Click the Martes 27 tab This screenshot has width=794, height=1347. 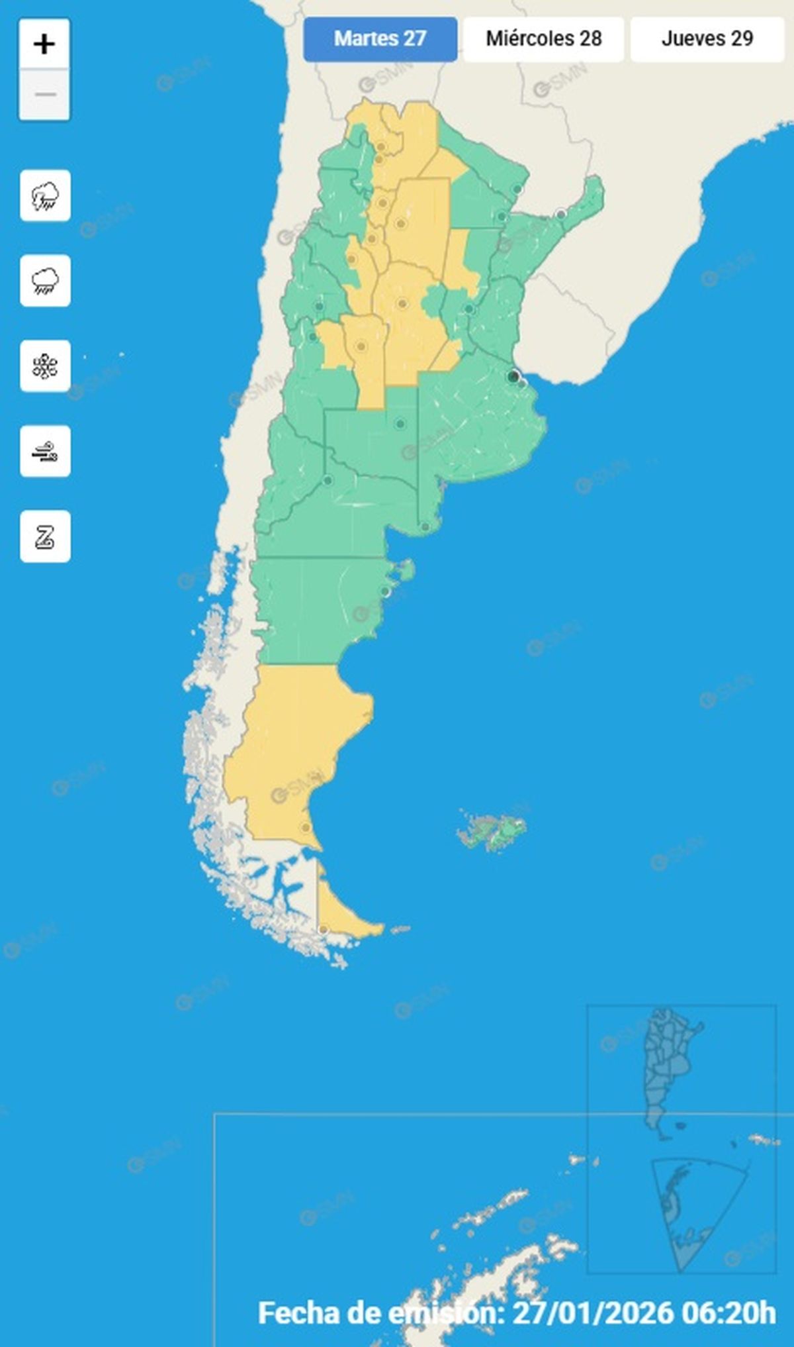380,39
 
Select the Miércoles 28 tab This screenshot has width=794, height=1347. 543,39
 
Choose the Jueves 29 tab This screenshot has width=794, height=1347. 707,39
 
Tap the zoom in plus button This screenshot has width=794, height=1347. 44,44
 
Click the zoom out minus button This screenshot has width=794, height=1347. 44,95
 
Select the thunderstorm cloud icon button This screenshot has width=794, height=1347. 45,196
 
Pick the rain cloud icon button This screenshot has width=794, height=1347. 45,281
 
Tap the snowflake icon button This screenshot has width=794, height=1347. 45,366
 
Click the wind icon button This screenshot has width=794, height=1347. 45,452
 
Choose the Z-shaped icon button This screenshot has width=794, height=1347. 45,536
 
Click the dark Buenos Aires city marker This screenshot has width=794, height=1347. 513,377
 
